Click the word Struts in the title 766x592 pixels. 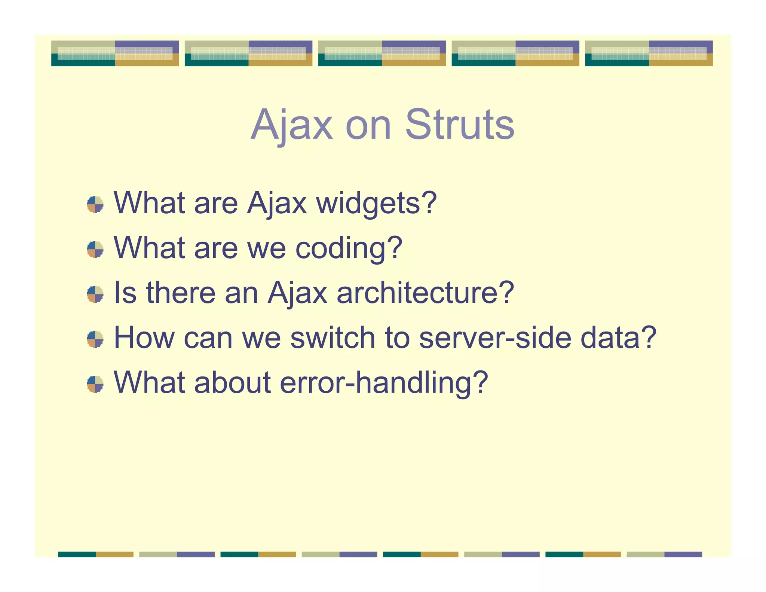point(460,125)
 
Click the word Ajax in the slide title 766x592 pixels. point(291,125)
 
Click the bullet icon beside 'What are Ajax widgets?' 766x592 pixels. point(95,205)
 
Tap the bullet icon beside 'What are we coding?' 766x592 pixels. point(95,250)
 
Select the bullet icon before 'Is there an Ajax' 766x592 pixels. point(95,295)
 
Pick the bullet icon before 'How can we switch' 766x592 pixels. point(95,339)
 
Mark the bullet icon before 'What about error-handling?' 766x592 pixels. point(95,384)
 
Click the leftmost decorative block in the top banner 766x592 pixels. point(115,54)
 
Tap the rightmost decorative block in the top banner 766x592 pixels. point(649,54)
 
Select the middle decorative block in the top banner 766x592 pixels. point(382,54)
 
